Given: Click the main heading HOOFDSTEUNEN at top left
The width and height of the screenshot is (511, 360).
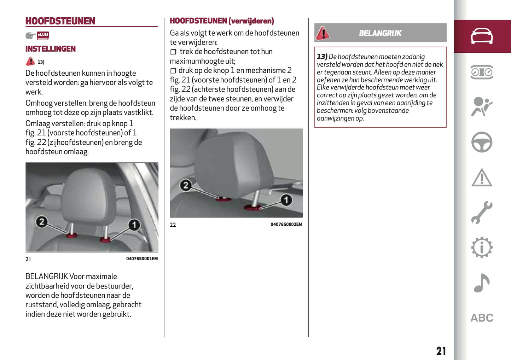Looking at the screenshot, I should pyautogui.click(x=60, y=21).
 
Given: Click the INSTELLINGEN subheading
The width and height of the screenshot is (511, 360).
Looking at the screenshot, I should pyautogui.click(x=51, y=49).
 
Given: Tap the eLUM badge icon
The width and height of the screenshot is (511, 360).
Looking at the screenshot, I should pyautogui.click(x=43, y=35).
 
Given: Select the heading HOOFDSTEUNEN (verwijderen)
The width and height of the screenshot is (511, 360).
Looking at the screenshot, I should pyautogui.click(x=222, y=21).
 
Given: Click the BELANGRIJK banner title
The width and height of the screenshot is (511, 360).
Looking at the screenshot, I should pyautogui.click(x=380, y=33).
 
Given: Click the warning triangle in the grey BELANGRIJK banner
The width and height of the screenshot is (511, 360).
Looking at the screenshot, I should pyautogui.click(x=323, y=33).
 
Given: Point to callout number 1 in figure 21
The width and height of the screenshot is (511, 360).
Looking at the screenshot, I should pyautogui.click(x=134, y=225).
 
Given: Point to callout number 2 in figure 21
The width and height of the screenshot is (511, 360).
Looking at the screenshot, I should pyautogui.click(x=42, y=222).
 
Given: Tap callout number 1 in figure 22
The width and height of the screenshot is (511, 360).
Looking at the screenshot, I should pyautogui.click(x=286, y=200).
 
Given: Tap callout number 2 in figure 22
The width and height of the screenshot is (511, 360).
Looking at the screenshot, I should pyautogui.click(x=186, y=185).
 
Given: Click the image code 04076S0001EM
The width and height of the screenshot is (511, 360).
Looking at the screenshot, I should pyautogui.click(x=142, y=259).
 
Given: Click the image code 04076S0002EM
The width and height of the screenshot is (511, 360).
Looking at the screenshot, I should pyautogui.click(x=286, y=225).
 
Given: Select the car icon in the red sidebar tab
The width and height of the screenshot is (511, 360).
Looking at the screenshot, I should pyautogui.click(x=482, y=36).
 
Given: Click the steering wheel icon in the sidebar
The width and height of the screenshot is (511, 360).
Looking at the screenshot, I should pyautogui.click(x=482, y=142).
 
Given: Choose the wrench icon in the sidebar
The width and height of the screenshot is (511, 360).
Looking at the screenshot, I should pyautogui.click(x=482, y=213).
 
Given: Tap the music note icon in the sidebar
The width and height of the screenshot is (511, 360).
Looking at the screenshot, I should pyautogui.click(x=481, y=283).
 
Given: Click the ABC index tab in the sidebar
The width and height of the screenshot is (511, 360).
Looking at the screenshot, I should pyautogui.click(x=482, y=318).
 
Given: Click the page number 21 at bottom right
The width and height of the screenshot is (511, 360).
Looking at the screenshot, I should pyautogui.click(x=441, y=351).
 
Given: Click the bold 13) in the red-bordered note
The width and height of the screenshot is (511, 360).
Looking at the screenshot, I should pyautogui.click(x=322, y=57).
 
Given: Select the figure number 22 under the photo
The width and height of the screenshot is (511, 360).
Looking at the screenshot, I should pyautogui.click(x=173, y=225).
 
